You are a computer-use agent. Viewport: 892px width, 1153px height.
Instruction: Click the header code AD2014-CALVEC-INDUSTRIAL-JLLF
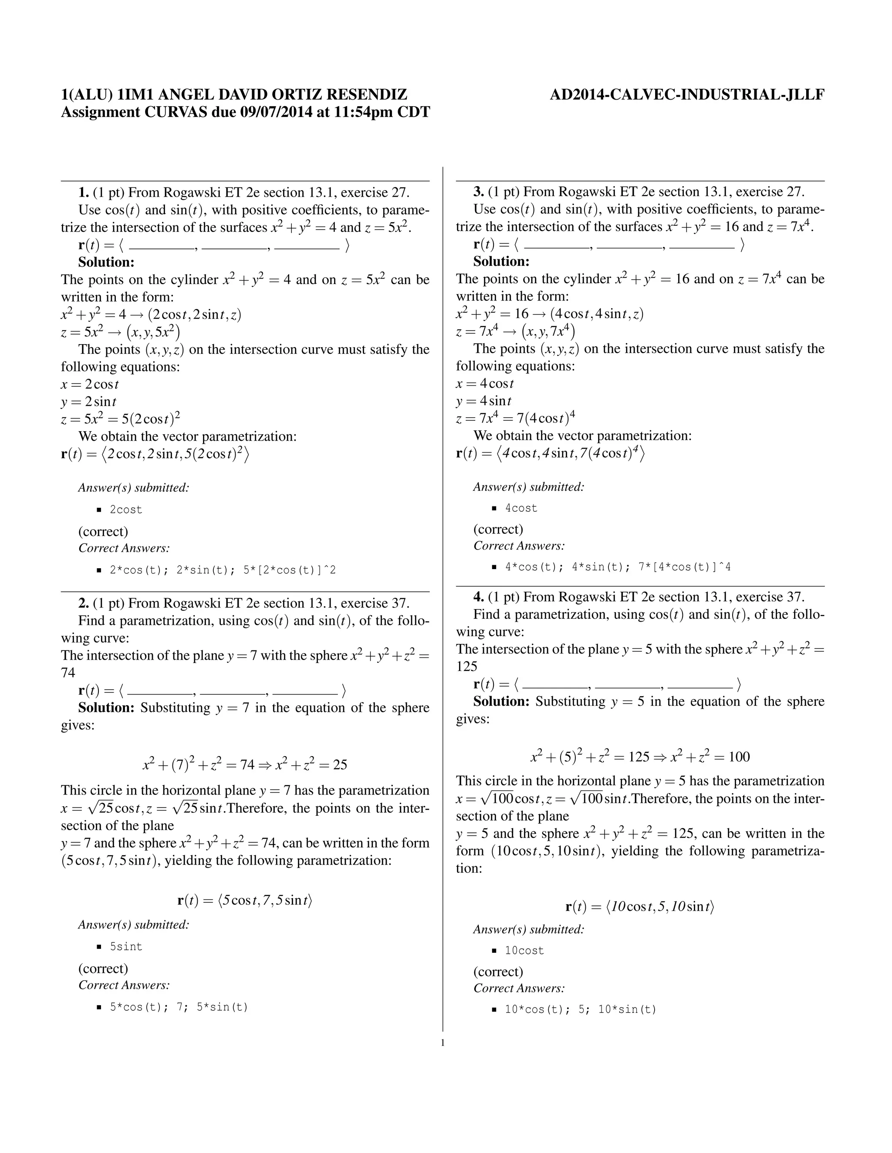click(x=687, y=95)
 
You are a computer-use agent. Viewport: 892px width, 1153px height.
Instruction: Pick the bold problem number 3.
click(x=479, y=191)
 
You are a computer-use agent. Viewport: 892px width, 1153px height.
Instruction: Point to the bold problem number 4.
click(x=479, y=597)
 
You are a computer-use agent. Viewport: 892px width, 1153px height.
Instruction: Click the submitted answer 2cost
click(x=126, y=509)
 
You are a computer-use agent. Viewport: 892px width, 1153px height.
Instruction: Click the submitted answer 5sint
click(x=126, y=947)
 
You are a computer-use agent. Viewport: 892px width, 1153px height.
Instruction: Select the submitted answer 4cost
click(x=521, y=508)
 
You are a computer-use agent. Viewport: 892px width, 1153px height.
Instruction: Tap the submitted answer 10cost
click(x=524, y=950)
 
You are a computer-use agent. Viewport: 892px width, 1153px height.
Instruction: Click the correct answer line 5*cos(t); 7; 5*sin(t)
click(x=179, y=1007)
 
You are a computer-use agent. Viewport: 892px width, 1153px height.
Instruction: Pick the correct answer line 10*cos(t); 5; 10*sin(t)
click(x=580, y=1009)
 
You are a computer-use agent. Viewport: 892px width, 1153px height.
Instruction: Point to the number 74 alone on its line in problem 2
click(x=68, y=673)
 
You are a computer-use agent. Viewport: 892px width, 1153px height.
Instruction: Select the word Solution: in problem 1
click(x=106, y=262)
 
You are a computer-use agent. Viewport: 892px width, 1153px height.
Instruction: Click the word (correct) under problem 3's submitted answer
click(x=498, y=529)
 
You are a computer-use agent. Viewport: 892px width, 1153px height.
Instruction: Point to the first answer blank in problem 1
click(x=161, y=246)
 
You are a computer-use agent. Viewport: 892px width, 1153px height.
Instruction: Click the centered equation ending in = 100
click(x=640, y=757)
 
